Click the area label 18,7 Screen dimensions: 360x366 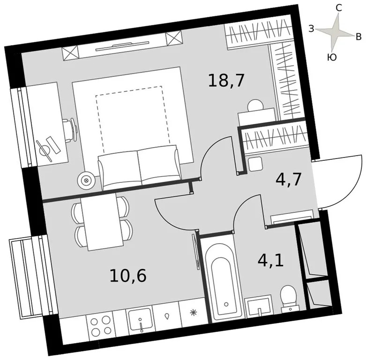(x=226, y=81)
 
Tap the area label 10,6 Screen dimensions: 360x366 (x=128, y=275)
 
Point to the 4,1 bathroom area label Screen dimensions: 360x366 (x=270, y=259)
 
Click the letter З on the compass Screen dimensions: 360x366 (x=311, y=29)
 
